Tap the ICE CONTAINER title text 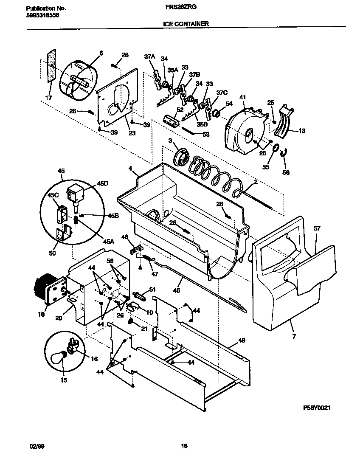tap(186, 24)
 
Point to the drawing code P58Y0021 tap(317, 408)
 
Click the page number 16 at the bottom tap(184, 446)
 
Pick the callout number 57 tap(317, 228)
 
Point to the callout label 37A tap(149, 56)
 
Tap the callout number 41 tap(242, 98)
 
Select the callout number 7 tap(294, 336)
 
